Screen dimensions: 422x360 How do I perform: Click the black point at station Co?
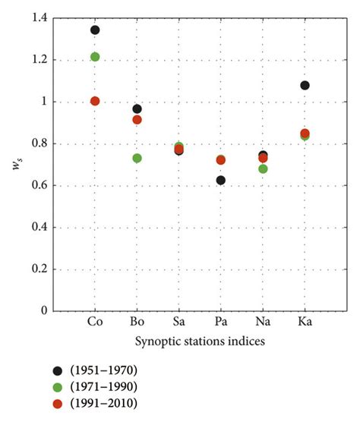click(95, 30)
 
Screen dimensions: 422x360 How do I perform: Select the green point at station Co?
click(95, 57)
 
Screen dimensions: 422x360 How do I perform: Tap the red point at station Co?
click(95, 101)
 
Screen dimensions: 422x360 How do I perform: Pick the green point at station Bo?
click(137, 158)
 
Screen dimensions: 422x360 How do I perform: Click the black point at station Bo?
click(137, 109)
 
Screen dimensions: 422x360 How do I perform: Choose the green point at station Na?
click(263, 168)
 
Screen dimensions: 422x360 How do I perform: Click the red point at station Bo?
click(137, 120)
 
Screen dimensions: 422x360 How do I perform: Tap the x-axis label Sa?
click(179, 323)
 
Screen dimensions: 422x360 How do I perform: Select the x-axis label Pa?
click(221, 323)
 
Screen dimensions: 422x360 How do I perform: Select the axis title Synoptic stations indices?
click(179, 342)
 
